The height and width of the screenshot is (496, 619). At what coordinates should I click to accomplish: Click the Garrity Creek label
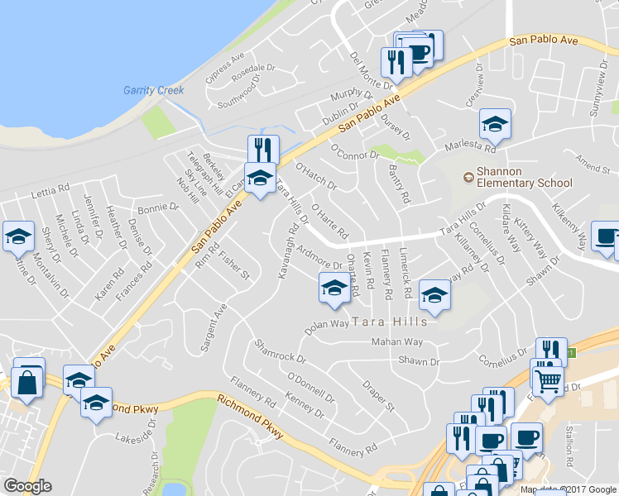coord(153,90)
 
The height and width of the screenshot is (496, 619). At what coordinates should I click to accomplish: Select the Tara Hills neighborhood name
coord(390,321)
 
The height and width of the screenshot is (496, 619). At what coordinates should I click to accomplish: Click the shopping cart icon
coord(548,381)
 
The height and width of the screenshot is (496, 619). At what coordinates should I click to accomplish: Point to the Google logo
coord(27,486)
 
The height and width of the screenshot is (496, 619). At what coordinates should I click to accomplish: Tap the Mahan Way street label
coord(397,341)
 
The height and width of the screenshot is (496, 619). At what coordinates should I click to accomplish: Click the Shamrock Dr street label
coord(281,353)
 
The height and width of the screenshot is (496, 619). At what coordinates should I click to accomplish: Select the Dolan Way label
coord(327,325)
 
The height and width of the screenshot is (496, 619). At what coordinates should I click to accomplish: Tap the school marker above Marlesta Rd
coord(495,124)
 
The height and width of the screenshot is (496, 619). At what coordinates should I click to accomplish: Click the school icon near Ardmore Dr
coord(333,288)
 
